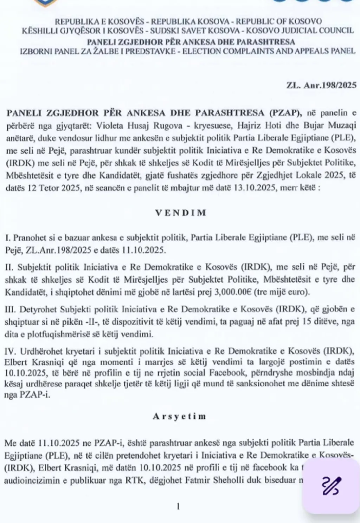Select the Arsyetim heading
180,416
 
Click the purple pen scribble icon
330,486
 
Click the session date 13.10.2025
256,188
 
